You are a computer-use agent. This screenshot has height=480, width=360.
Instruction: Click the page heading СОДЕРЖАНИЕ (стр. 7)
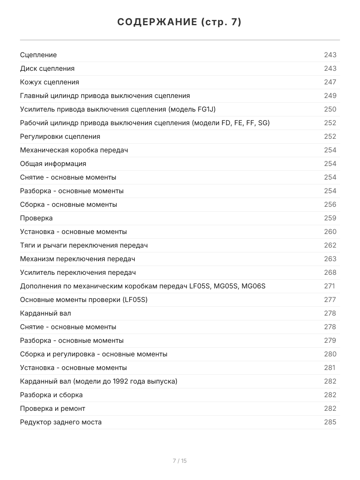180,22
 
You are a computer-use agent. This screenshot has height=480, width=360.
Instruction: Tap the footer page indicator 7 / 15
180,461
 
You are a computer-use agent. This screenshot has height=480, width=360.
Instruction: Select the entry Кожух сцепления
50,82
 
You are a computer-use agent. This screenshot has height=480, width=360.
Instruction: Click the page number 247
330,82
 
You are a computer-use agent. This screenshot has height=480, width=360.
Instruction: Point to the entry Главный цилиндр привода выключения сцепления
105,96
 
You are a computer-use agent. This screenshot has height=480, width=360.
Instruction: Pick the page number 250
330,109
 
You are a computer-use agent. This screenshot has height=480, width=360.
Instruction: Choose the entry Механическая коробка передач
74,150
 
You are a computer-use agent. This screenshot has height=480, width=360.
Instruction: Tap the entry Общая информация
53,164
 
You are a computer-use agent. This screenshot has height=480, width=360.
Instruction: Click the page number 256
330,204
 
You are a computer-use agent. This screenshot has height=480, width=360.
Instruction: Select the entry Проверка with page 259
36,218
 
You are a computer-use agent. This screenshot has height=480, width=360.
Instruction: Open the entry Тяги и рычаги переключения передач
84,245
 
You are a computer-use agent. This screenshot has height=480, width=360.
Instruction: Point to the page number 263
330,259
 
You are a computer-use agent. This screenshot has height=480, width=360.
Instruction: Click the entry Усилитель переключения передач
78,272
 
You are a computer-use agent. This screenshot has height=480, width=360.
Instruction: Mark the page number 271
329,286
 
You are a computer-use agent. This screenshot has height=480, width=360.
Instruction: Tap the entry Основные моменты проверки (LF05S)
84,300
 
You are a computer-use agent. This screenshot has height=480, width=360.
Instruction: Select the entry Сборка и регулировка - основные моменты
94,354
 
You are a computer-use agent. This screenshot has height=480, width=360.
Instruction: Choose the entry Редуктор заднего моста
61,422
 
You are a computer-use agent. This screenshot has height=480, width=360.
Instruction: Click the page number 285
330,422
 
